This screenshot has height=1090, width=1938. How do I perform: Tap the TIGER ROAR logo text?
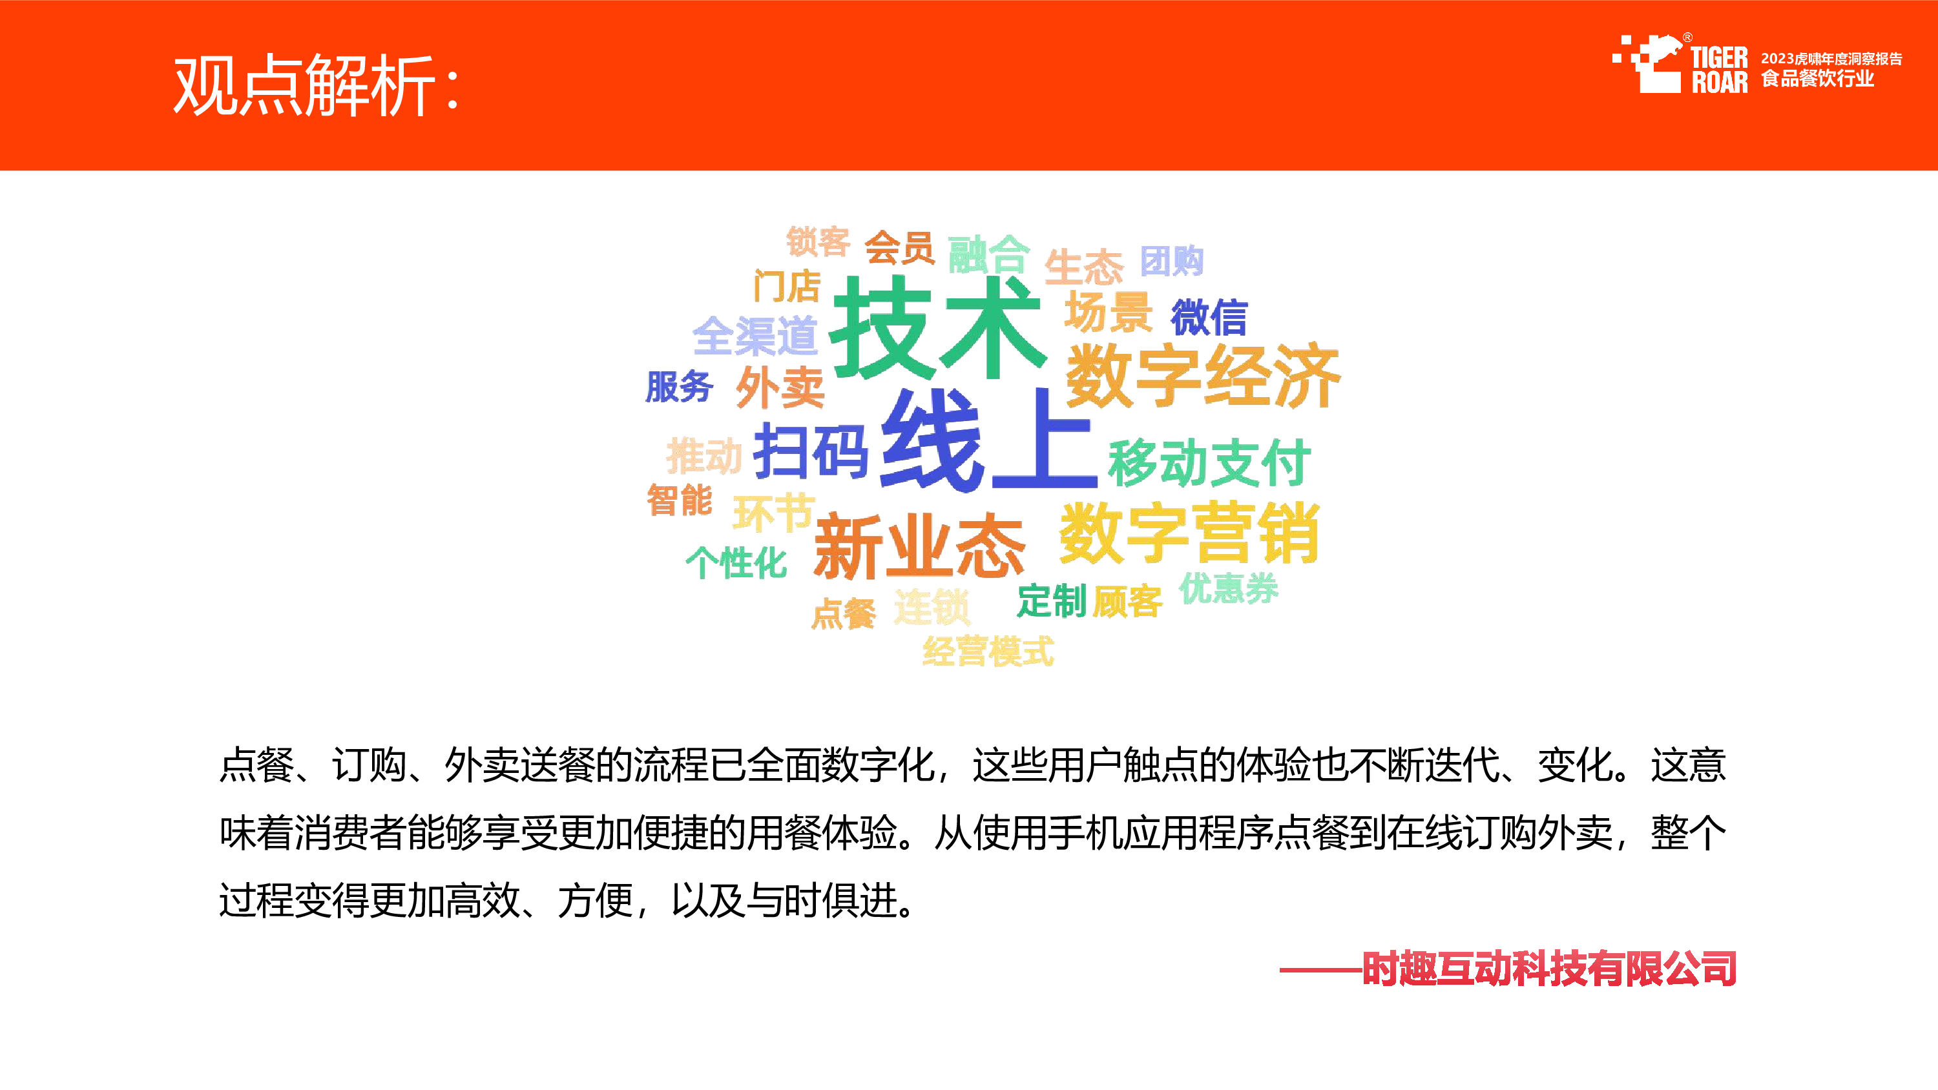[x=1719, y=70]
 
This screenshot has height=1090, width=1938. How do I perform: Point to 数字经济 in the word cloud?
[x=1203, y=375]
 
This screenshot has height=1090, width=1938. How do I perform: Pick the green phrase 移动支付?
[x=1209, y=462]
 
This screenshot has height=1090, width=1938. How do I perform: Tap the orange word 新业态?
[x=919, y=546]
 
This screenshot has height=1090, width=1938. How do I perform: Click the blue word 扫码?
[x=811, y=451]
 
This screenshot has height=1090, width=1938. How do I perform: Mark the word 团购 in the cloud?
[x=1171, y=261]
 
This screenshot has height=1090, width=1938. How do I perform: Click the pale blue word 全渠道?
[x=755, y=336]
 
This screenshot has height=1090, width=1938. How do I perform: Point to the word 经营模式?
[x=988, y=651]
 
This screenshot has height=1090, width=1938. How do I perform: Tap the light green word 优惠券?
[x=1229, y=588]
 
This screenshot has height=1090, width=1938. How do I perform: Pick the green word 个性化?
[x=736, y=562]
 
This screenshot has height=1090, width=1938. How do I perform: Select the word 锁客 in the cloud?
[x=818, y=242]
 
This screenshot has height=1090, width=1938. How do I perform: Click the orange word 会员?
[x=899, y=247]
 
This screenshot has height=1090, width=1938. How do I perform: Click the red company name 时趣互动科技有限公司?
[x=1549, y=968]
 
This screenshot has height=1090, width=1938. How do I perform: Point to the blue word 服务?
[x=680, y=387]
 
